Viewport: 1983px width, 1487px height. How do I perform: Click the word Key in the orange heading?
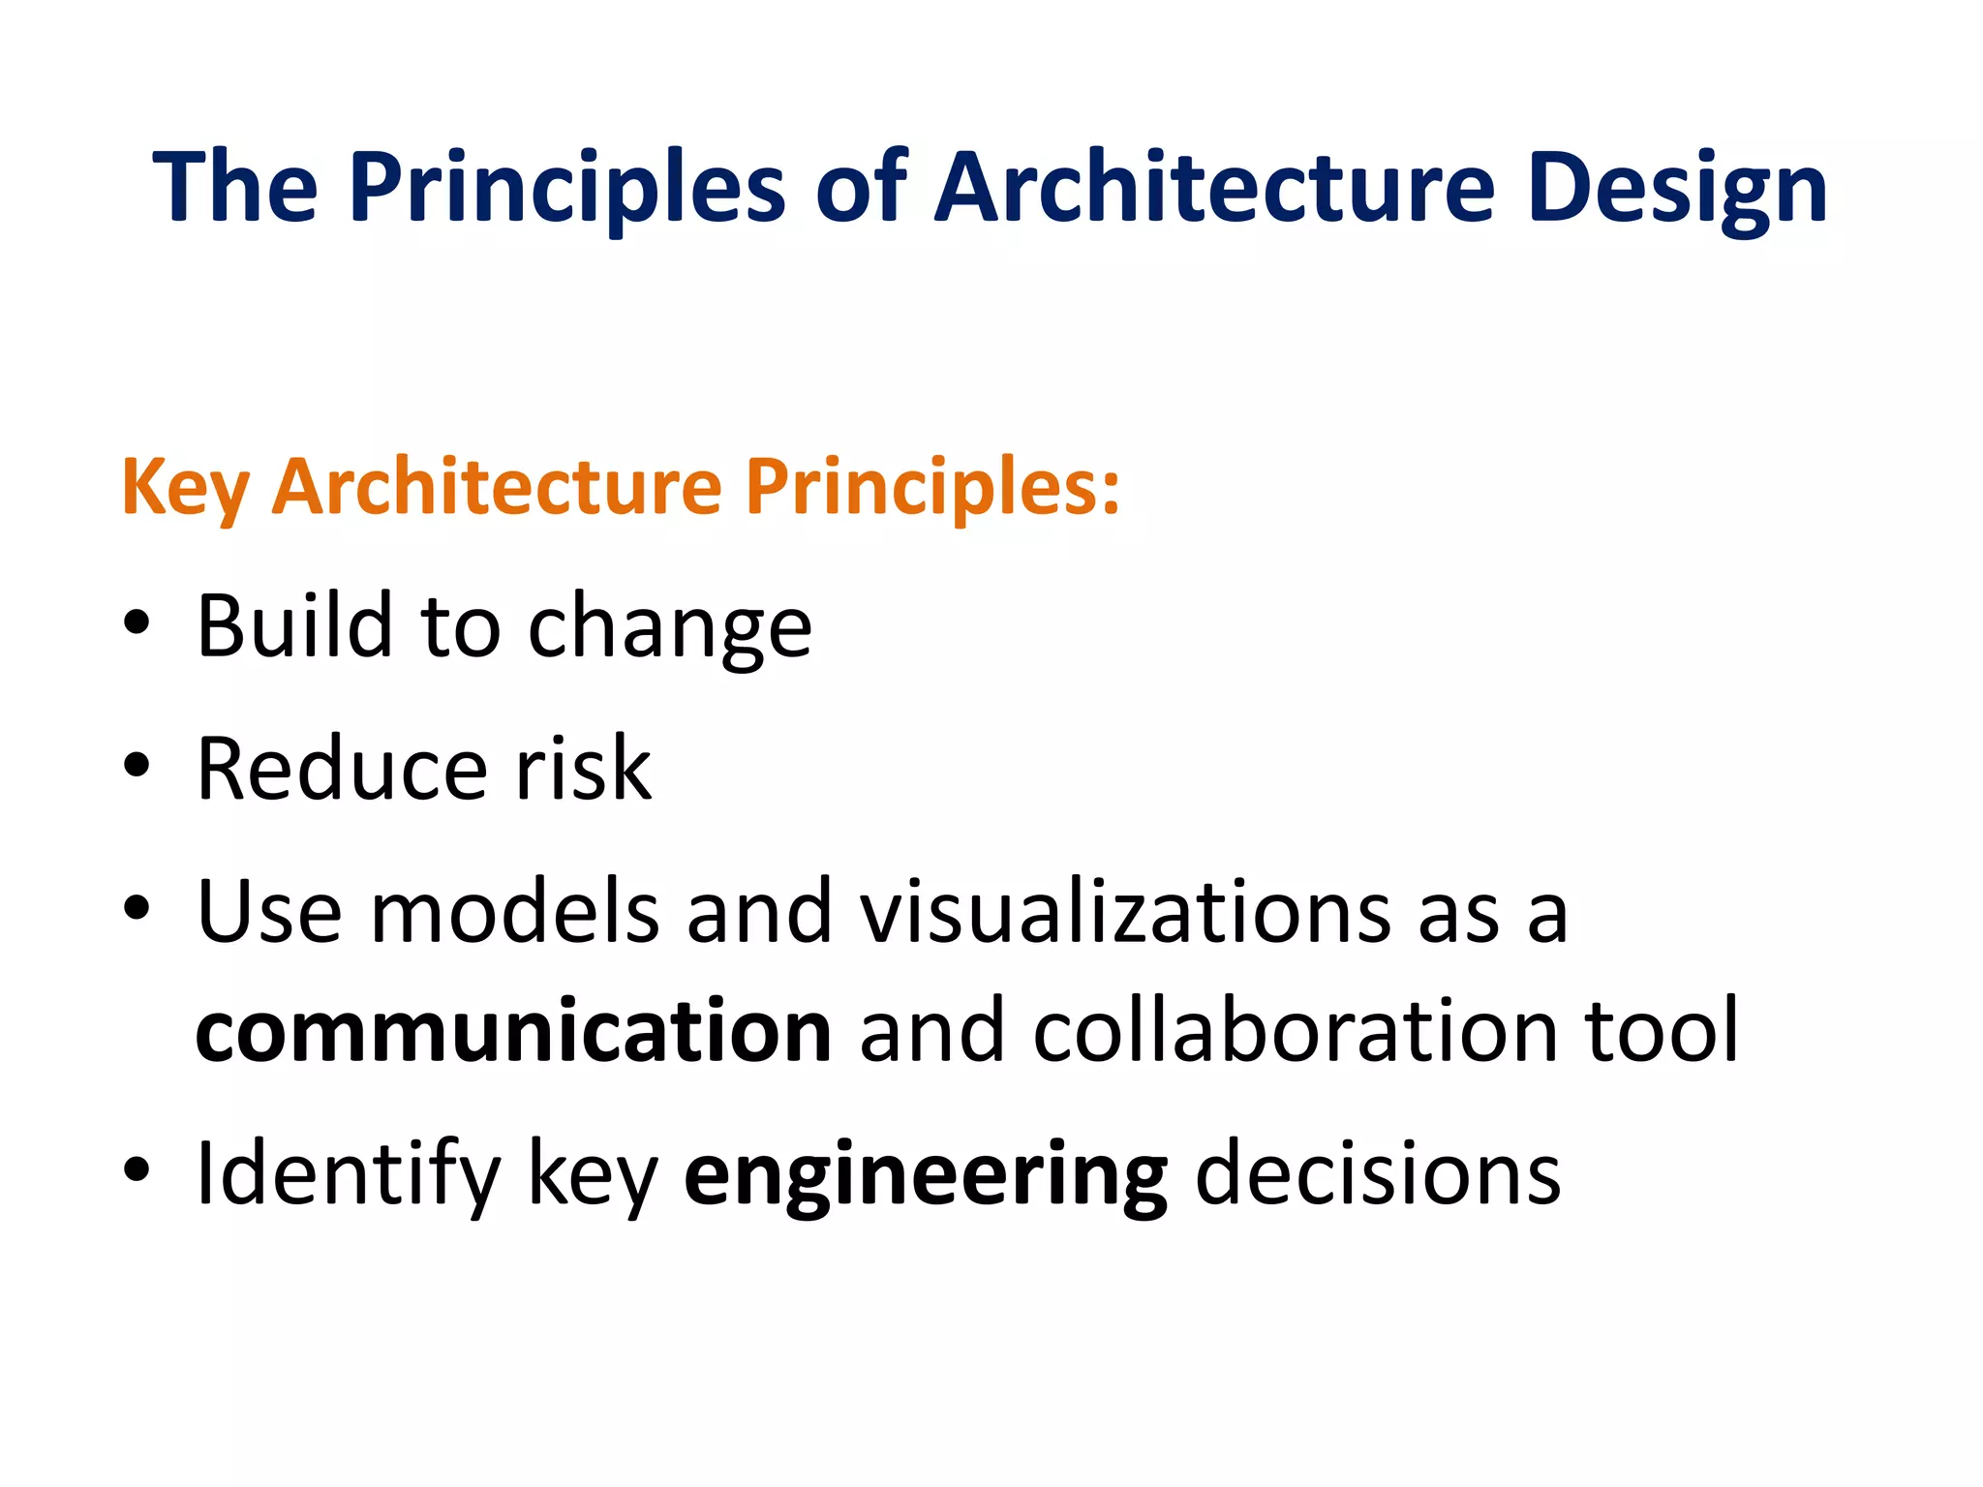click(185, 487)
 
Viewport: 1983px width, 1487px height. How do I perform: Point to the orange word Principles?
click(932, 487)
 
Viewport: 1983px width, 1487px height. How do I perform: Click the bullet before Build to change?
click(137, 623)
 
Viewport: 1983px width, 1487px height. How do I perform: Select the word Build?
click(293, 625)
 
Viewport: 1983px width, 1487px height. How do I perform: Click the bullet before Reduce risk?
click(137, 765)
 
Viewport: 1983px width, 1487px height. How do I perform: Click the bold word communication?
click(513, 1030)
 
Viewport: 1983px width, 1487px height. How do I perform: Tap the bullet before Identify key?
click(137, 1168)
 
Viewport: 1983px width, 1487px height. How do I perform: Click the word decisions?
click(1377, 1172)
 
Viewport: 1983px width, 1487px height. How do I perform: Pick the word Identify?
click(348, 1173)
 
